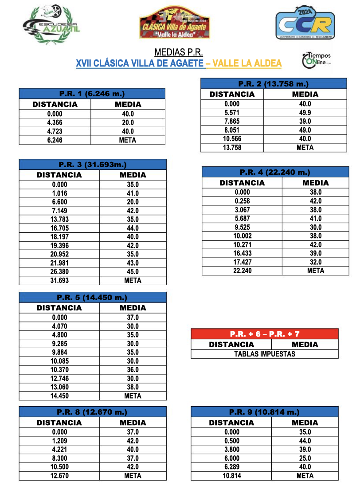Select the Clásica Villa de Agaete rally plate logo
point(174,24)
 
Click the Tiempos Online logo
point(316,59)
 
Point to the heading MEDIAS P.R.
point(179,52)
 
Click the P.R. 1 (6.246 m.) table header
point(92,94)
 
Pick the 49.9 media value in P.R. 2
point(305,112)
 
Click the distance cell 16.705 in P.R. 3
point(59,228)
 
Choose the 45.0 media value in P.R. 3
point(133,271)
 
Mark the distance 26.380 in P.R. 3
point(59,271)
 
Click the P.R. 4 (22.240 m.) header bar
point(275,172)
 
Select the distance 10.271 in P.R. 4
point(243,244)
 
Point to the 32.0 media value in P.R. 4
point(316,262)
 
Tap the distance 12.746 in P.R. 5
point(59,378)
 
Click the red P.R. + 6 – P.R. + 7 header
point(265,333)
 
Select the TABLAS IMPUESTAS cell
point(265,354)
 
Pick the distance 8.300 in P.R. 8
point(59,458)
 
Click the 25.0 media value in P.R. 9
point(305,458)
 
